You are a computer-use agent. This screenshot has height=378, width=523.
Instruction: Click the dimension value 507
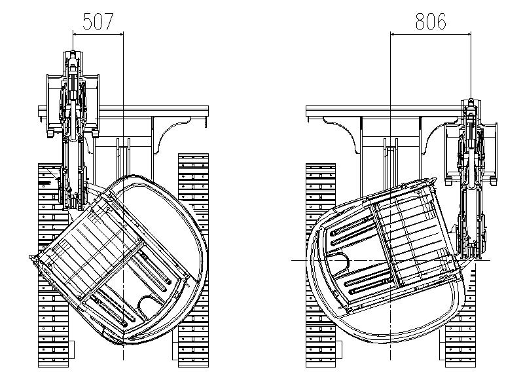tap(98, 22)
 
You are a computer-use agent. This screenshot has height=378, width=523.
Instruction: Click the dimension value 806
tap(431, 22)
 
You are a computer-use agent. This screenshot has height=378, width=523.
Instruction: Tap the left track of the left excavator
tap(54, 265)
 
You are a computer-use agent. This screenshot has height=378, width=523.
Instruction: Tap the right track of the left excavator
tap(194, 261)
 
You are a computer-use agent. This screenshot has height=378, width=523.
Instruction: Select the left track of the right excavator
tap(321, 265)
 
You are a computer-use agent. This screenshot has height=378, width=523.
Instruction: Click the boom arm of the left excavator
tap(73, 130)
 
